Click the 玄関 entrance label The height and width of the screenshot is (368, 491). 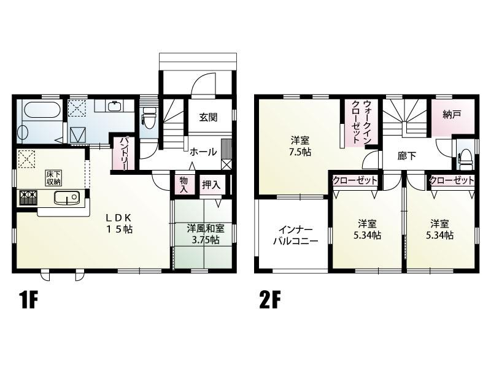point(208,117)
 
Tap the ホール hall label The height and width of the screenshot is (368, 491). point(203,152)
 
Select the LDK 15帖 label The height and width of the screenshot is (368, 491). point(119,223)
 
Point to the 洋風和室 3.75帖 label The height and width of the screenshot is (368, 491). point(206,234)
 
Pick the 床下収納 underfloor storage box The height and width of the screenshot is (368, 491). point(54,178)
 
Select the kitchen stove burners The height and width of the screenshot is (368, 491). point(28,197)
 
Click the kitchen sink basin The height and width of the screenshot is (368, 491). point(67,197)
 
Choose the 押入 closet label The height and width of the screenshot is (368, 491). point(211,185)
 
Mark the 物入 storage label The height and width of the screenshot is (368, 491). point(184,185)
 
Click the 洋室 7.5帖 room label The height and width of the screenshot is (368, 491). point(300,146)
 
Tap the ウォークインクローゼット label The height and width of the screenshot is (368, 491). point(361,122)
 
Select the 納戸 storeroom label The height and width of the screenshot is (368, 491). point(452,115)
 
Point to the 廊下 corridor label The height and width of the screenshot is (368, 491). point(406,156)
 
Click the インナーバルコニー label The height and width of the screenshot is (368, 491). point(296,236)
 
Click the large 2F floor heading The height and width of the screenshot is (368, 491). point(269,301)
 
